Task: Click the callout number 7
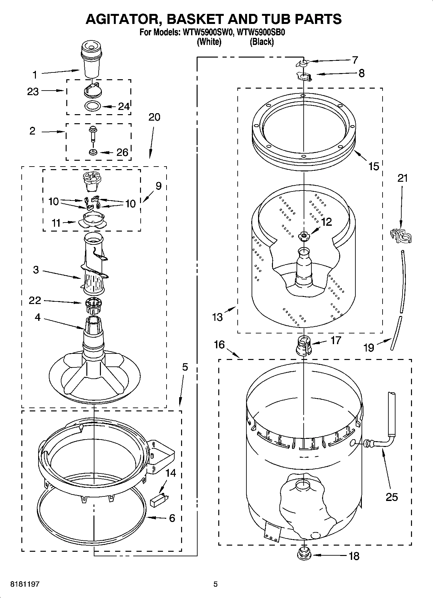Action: pos(355,60)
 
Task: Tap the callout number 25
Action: pos(392,497)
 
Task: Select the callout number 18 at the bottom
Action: pos(354,556)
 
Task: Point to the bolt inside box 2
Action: pos(92,134)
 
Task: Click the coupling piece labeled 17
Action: pos(304,345)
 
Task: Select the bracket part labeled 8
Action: pos(304,77)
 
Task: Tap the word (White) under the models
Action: pos(209,42)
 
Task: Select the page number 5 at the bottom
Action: pos(215,584)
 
